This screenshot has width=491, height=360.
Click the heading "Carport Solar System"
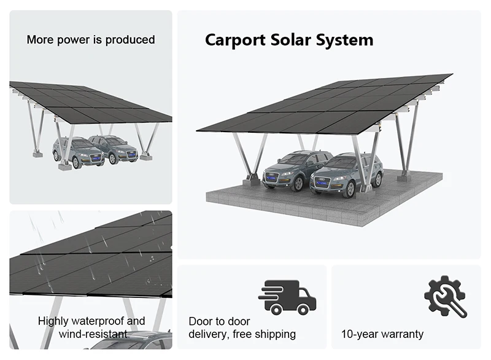point(288,41)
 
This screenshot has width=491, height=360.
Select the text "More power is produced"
point(91,40)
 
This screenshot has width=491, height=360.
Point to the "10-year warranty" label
point(382,334)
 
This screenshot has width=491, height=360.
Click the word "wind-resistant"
point(93,334)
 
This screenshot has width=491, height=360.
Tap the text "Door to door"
point(219,321)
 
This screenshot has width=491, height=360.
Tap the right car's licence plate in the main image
point(320,187)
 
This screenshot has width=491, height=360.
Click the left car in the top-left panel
point(78,152)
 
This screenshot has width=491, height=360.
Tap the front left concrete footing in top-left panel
point(65,165)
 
